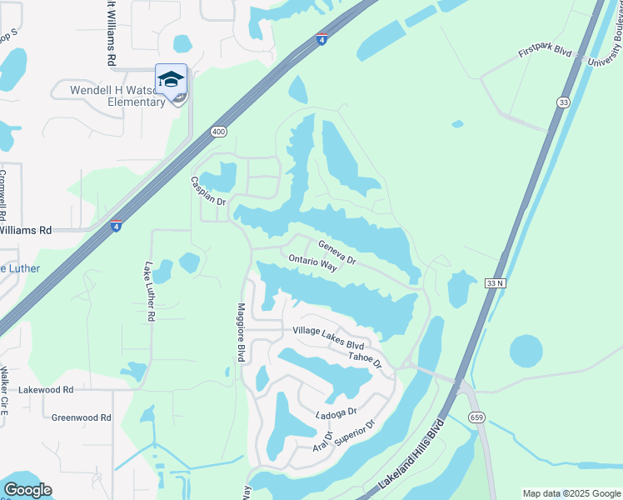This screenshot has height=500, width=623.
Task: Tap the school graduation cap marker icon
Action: coord(171,81)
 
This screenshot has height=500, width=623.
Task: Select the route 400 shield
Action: coord(219,132)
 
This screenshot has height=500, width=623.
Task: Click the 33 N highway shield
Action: coord(496,284)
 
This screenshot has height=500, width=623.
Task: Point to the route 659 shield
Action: coord(476,417)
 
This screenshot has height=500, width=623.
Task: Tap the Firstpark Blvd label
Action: coord(545,52)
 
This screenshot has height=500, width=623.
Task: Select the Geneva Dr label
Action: coord(336,252)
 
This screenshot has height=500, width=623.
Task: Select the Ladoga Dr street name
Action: coord(336,412)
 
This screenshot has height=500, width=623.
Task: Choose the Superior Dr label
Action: coord(356,432)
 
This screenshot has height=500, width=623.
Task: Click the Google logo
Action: coord(27,490)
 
